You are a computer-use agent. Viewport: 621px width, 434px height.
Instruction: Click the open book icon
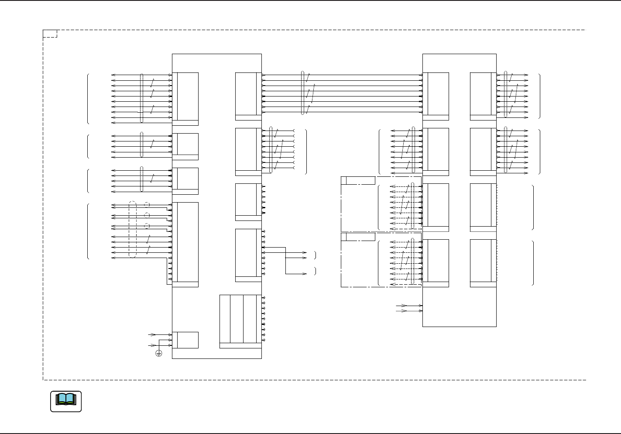pos(66,401)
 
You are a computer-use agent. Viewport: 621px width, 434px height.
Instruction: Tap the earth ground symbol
pos(159,353)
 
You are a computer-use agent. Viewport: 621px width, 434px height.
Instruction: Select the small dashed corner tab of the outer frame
pos(50,34)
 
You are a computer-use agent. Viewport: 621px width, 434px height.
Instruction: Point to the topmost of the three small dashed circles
pos(147,204)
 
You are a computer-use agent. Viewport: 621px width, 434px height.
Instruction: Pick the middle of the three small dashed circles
pos(147,215)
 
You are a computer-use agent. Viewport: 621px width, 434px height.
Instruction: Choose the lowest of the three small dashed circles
pos(147,226)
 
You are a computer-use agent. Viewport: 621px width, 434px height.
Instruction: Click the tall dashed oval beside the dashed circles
pos(133,229)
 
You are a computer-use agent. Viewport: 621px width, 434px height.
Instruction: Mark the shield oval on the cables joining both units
pos(302,93)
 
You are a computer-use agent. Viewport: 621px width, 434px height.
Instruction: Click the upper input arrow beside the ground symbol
pos(153,334)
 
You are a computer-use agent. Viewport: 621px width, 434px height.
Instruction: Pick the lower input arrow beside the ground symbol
pos(153,345)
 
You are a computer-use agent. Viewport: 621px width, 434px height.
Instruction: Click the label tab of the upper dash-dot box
pos(358,180)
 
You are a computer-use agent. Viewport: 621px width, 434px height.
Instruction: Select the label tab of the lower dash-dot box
pos(358,237)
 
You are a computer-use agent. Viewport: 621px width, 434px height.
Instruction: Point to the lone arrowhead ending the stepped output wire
pos(305,274)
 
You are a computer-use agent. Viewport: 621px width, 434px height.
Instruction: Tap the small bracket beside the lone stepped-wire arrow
pos(315,271)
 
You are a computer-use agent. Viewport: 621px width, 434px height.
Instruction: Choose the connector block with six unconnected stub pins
pos(246,202)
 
